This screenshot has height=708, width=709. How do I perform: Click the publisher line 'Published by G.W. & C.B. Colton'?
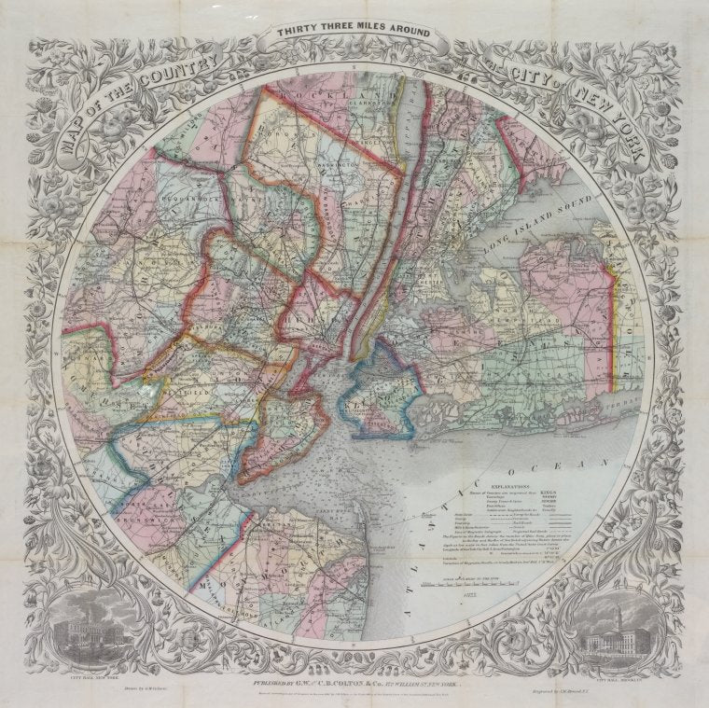354,680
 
